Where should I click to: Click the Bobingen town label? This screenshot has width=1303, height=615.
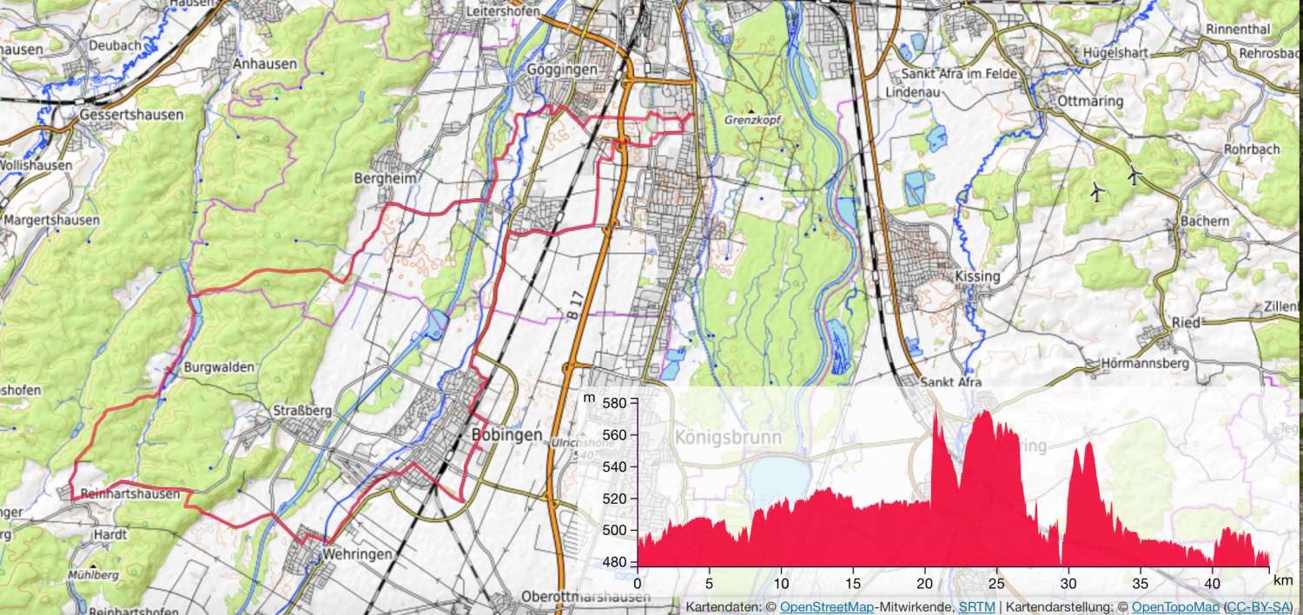pyautogui.click(x=506, y=434)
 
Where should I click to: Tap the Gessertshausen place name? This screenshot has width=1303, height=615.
pyautogui.click(x=131, y=115)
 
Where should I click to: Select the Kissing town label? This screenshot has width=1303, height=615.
pyautogui.click(x=977, y=276)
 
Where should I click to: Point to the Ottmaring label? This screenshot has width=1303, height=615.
pyautogui.click(x=1090, y=101)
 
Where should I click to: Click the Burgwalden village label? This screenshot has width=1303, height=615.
pyautogui.click(x=220, y=367)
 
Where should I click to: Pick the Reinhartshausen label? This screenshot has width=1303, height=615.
pyautogui.click(x=129, y=494)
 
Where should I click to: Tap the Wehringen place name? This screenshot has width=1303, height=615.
pyautogui.click(x=357, y=553)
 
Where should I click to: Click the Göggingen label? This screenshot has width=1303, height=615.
pyautogui.click(x=562, y=69)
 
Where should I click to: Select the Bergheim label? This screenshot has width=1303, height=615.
pyautogui.click(x=386, y=178)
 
